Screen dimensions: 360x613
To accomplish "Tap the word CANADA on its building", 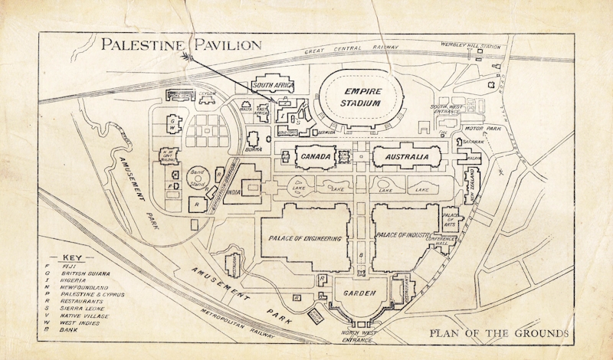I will tap(315, 157).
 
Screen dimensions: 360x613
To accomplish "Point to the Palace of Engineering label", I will tap(305, 238).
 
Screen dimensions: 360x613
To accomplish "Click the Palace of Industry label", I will tap(404, 234).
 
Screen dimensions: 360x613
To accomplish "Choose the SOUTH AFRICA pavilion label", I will tap(274, 86).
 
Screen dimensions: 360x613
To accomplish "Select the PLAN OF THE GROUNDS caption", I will tap(499, 333).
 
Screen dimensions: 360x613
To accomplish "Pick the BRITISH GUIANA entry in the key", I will tap(87, 273).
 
